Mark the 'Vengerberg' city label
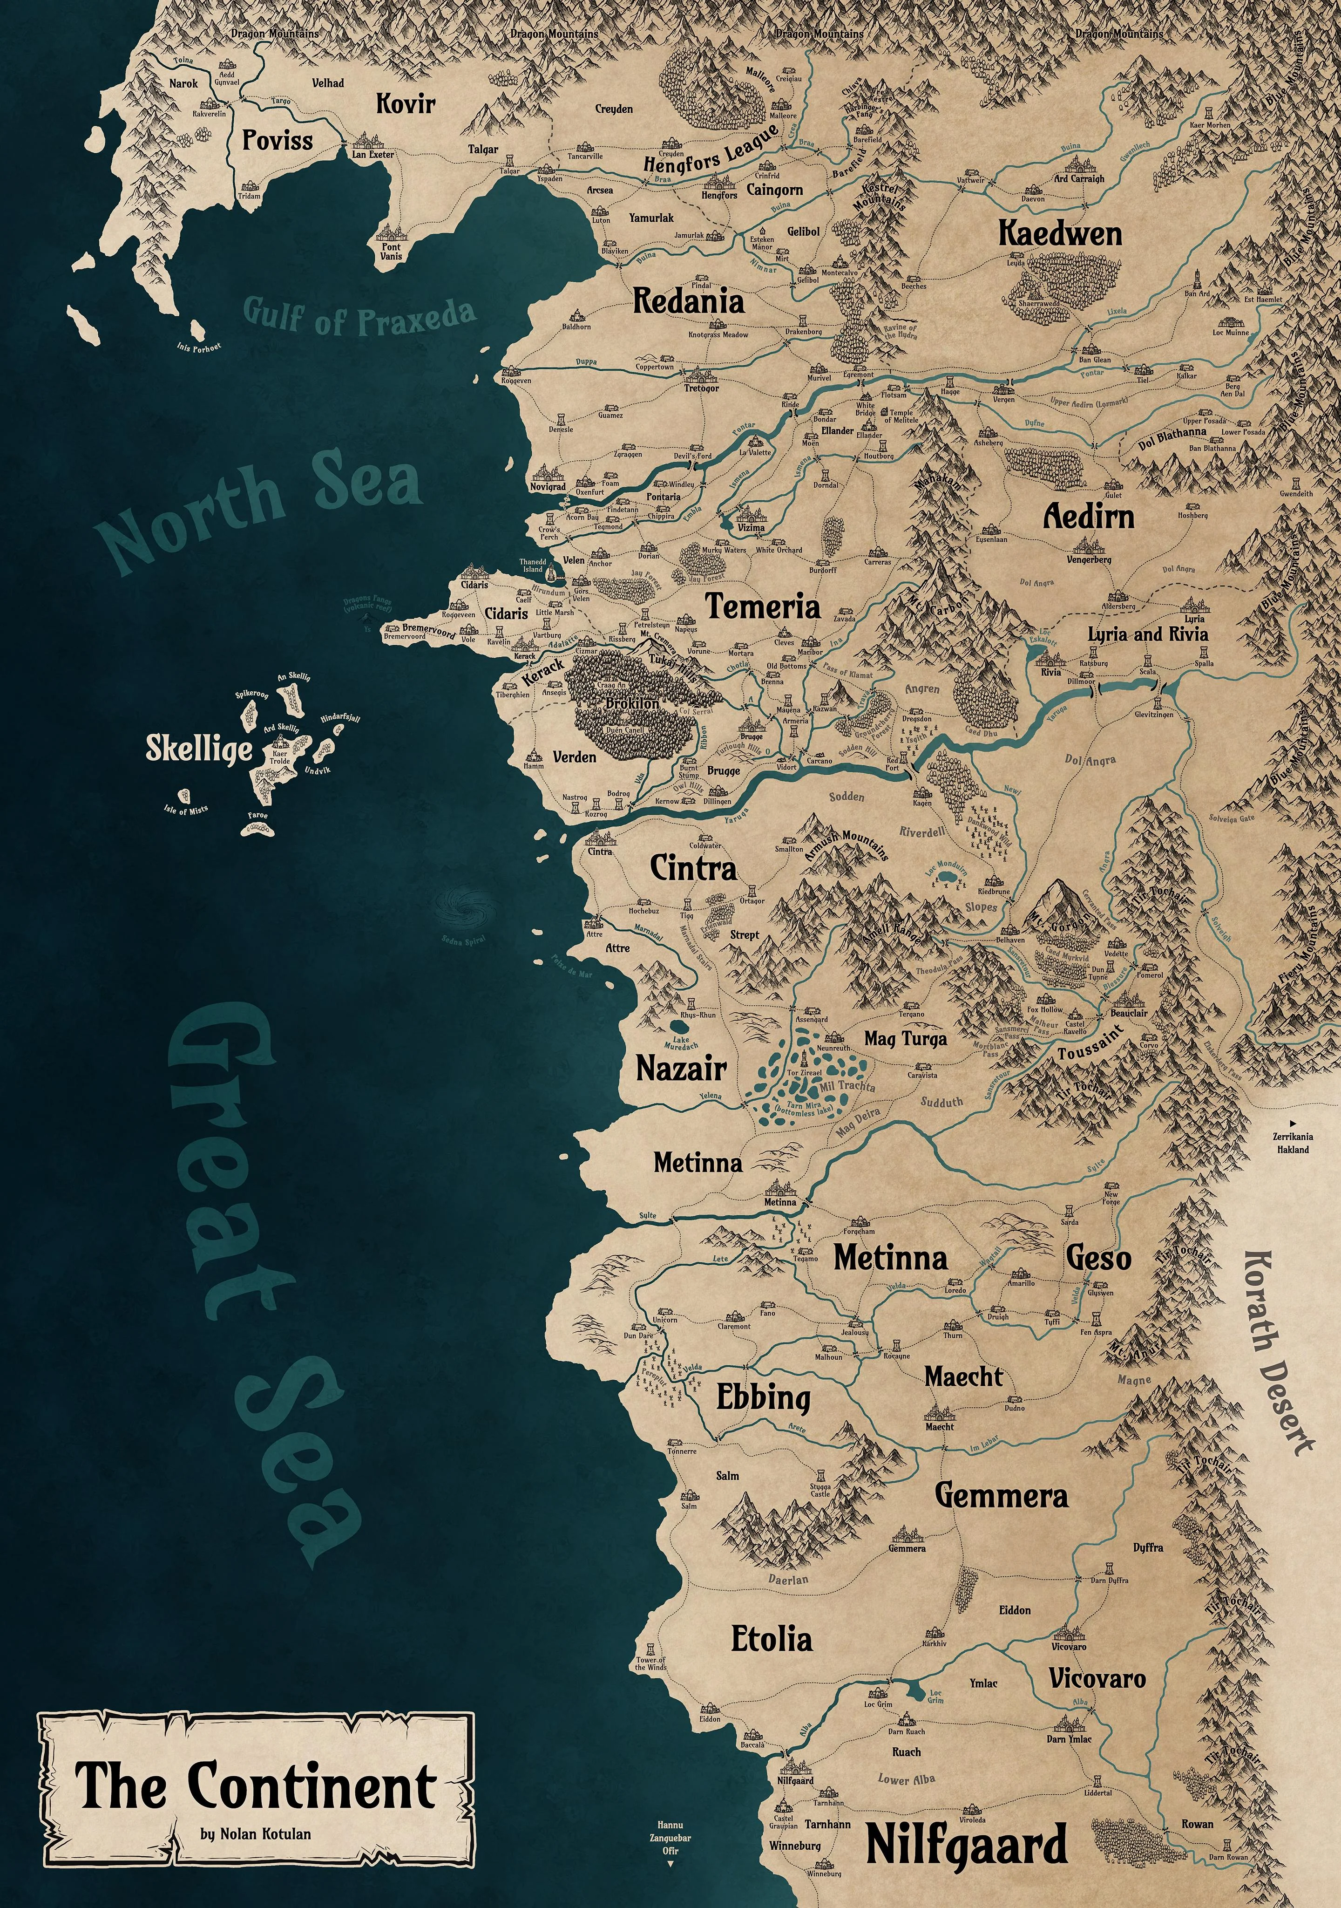[x=1089, y=560]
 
